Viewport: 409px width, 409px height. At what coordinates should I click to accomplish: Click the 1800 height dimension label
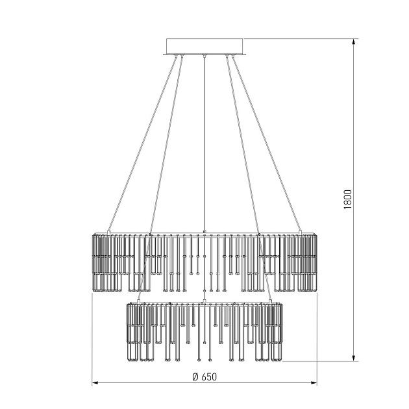pos(348,199)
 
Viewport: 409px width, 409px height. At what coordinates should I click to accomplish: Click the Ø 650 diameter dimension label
pos(204,377)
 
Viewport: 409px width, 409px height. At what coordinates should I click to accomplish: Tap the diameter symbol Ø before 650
pos(195,377)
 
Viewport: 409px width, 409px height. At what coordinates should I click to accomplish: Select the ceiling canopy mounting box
pos(204,47)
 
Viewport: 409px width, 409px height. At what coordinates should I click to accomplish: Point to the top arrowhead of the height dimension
pos(353,42)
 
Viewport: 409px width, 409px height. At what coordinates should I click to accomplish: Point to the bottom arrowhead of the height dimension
pos(353,358)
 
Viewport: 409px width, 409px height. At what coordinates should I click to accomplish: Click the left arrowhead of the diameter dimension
pos(95,383)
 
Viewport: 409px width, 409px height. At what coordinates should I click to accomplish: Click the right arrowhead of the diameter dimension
pos(314,383)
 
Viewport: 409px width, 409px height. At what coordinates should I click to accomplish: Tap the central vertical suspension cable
pos(204,143)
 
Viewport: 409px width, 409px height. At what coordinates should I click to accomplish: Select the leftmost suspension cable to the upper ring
pos(143,143)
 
